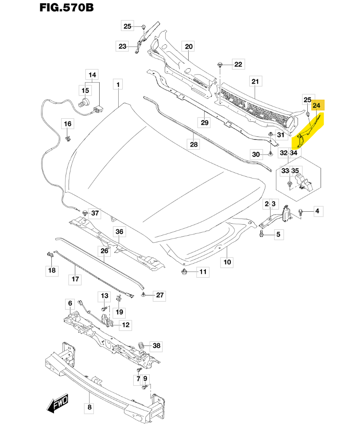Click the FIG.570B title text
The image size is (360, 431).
tap(66, 8)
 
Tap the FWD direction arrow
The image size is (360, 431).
tap(57, 404)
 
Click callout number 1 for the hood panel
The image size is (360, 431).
tap(118, 84)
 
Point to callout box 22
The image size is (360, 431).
tap(238, 65)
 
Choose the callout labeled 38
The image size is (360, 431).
tap(156, 346)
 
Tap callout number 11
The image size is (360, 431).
tap(202, 272)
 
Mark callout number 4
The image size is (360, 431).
tap(317, 212)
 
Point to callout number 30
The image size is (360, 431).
tap(256, 154)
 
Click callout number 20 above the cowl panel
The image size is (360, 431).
tap(189, 47)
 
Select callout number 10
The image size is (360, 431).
tap(227, 262)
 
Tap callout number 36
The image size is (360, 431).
tap(119, 231)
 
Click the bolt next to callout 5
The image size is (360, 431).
tap(261, 233)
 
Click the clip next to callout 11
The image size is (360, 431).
tap(184, 271)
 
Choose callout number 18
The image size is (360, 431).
tap(52, 270)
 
